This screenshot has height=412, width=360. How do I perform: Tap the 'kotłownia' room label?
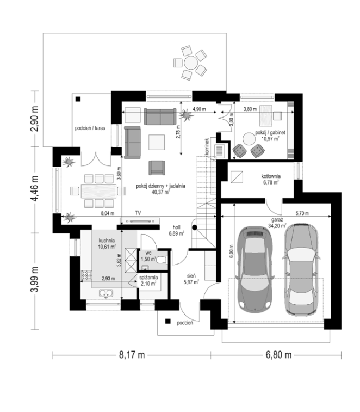(x=271, y=176)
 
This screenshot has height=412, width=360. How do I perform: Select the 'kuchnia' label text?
(x=107, y=240)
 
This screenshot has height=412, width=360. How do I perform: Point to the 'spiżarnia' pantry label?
(x=148, y=277)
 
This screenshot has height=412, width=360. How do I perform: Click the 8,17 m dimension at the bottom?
(x=132, y=355)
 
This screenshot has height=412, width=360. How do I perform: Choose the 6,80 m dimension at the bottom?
(x=278, y=355)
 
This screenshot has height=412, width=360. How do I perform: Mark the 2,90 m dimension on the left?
(x=34, y=119)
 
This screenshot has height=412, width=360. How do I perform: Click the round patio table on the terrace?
(x=191, y=63)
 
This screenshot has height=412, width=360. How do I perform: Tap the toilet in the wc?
(x=162, y=260)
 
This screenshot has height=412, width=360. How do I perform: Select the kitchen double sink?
(x=106, y=293)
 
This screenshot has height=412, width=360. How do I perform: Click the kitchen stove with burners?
(x=86, y=275)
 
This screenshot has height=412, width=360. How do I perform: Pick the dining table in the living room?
(x=99, y=190)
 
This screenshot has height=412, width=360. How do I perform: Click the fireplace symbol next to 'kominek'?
(x=220, y=151)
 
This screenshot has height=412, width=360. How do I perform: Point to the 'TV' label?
(x=138, y=213)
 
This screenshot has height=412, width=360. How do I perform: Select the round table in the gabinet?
(x=249, y=139)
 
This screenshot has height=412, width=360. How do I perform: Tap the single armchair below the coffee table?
(x=157, y=168)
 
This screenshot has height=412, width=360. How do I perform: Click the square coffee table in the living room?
(x=157, y=142)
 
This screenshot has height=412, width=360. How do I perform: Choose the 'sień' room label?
(x=191, y=276)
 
